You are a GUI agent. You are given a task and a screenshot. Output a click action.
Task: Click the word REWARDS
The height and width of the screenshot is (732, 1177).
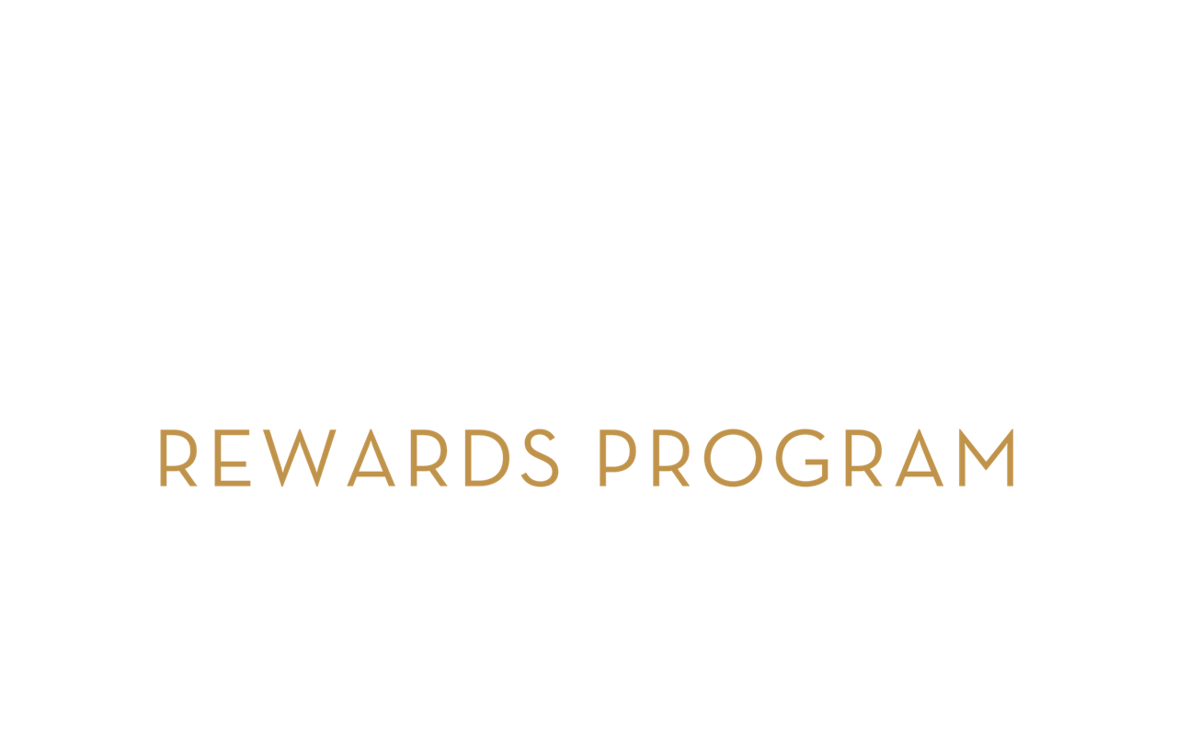(x=360, y=458)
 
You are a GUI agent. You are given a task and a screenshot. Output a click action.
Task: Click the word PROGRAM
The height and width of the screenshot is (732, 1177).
(x=806, y=458)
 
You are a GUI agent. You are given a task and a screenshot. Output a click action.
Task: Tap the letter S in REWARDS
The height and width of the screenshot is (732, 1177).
(x=540, y=458)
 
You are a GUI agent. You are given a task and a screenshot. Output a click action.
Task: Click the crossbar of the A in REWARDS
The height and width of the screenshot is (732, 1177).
(x=371, y=474)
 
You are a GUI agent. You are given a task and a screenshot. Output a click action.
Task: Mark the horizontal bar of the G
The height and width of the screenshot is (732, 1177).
(x=817, y=463)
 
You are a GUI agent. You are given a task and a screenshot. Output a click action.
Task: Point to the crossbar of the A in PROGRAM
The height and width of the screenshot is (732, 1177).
(x=920, y=474)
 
